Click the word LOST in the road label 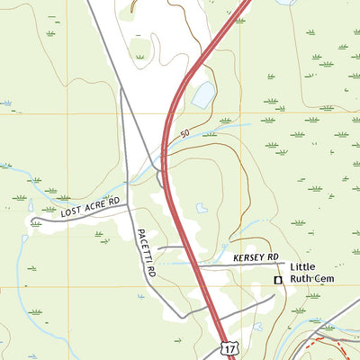(73, 213)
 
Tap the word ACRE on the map (95, 207)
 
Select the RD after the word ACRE (113, 202)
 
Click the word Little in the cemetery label (304, 267)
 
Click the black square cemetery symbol (278, 281)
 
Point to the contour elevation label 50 (184, 135)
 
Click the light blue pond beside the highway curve (204, 93)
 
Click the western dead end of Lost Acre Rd (31, 221)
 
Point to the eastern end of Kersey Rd (286, 265)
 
